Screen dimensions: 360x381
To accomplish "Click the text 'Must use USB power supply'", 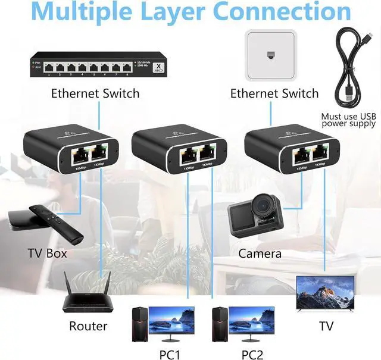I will click(348, 120).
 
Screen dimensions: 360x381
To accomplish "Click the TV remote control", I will click(69, 221).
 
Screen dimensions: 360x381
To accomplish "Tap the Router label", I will click(88, 326).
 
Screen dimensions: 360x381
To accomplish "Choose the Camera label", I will click(260, 253).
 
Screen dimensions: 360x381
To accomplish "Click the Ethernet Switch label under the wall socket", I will click(274, 93).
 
